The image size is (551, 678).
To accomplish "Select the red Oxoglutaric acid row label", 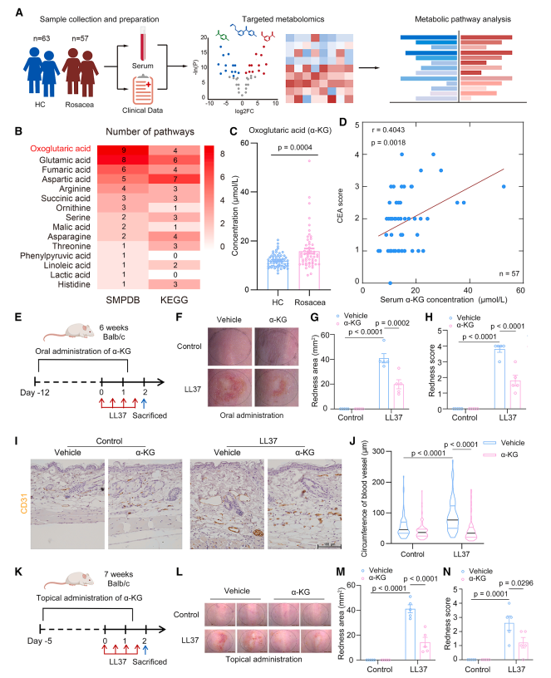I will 61,148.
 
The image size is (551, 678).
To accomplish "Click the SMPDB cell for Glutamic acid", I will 124,160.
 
